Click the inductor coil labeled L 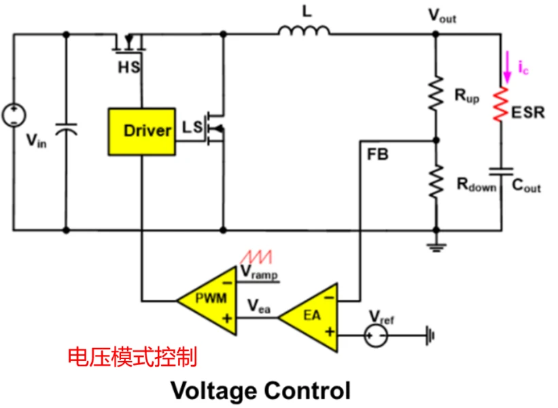pyautogui.click(x=304, y=31)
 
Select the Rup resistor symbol pyautogui.click(x=435, y=95)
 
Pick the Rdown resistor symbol pyautogui.click(x=435, y=181)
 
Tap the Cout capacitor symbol pyautogui.click(x=502, y=171)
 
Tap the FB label pyautogui.click(x=377, y=154)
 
